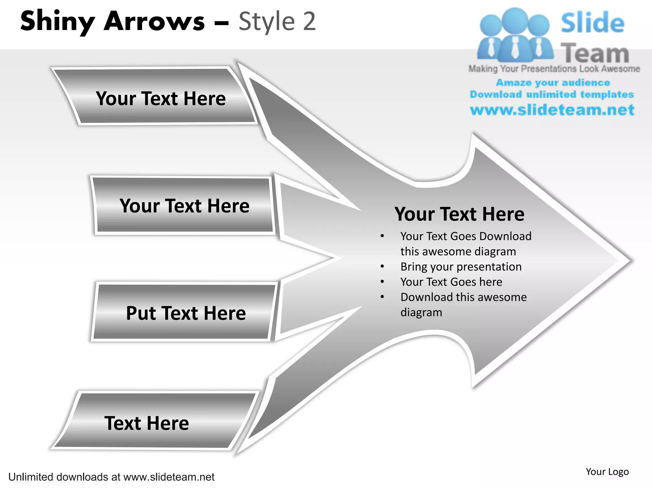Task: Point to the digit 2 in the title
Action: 309,22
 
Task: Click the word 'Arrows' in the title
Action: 154,22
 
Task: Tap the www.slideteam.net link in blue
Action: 552,110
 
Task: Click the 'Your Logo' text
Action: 607,471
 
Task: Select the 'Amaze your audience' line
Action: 553,82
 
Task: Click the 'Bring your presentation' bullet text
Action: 461,266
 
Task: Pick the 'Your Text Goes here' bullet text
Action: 451,282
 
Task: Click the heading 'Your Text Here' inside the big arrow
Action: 459,214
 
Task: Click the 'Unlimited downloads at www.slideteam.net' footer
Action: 111,477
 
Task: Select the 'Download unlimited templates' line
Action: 552,94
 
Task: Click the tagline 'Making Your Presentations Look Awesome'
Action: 554,69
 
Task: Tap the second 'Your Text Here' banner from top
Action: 184,205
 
